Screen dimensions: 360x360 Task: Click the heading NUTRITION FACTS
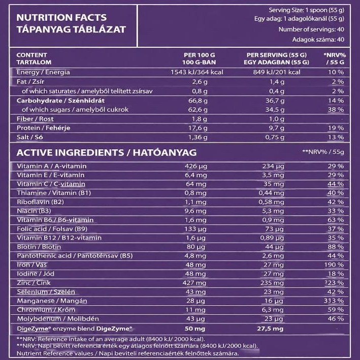coord(61,18)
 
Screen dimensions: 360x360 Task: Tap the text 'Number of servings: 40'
coord(311,29)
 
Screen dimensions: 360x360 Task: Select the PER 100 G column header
coord(199,55)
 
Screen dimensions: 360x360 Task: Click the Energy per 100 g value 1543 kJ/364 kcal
coord(197,72)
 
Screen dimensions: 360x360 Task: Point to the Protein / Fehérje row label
coord(43,128)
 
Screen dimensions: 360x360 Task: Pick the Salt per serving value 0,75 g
coord(275,137)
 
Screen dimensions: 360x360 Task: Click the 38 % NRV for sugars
coord(336,110)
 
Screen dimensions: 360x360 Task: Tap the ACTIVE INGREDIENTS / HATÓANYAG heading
coord(107,153)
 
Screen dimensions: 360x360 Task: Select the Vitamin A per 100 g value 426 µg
coord(196,166)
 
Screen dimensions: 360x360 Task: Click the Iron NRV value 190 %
coord(334,265)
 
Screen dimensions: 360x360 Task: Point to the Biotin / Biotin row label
coord(39,247)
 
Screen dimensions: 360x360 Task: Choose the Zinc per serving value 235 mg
coord(272,283)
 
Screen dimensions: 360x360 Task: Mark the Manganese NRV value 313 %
coord(334,301)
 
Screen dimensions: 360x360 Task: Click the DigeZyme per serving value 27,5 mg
coord(270,329)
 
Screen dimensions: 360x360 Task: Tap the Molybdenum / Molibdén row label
coord(58,319)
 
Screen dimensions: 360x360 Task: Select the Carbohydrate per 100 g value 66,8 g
coord(198,101)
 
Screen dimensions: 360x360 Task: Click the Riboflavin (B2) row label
coord(41,202)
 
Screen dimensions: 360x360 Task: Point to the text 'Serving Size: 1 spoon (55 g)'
coord(306,10)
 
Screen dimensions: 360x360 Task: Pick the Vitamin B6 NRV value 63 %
coord(336,220)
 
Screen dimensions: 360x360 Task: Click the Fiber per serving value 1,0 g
coord(276,119)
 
